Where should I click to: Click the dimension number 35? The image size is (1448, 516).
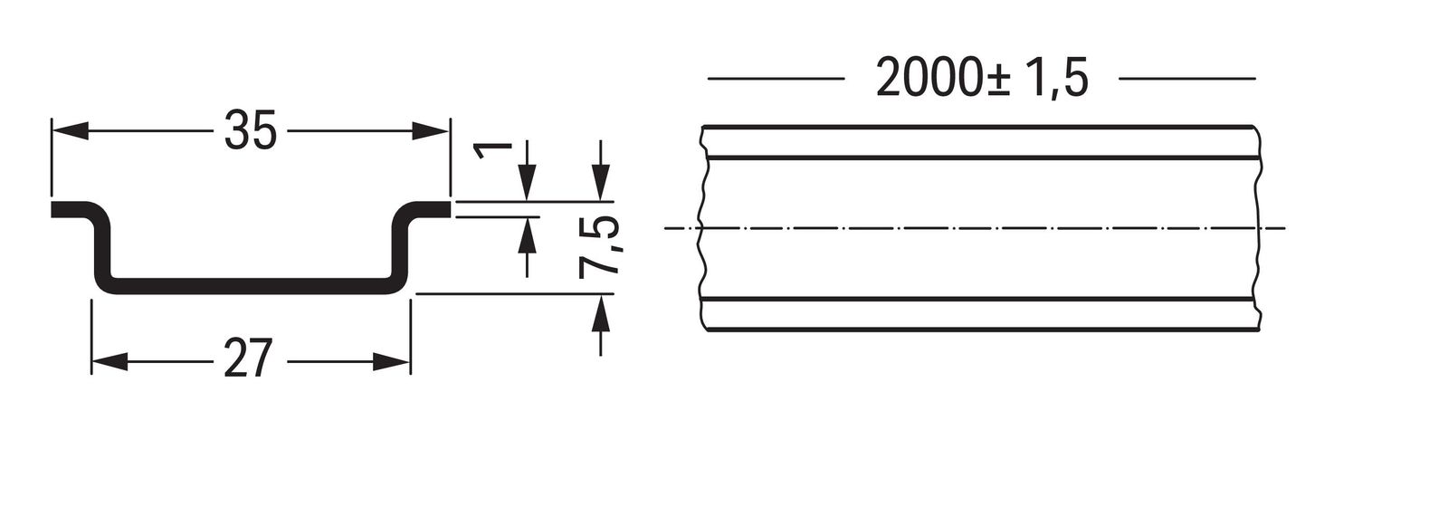coord(250,130)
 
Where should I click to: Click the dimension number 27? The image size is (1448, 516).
coord(246,358)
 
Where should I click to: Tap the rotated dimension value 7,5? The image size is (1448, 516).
coord(599,247)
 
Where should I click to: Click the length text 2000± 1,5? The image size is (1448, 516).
coord(982,78)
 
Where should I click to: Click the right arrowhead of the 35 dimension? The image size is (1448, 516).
coord(431,130)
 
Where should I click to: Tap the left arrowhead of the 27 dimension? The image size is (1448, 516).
coord(110,362)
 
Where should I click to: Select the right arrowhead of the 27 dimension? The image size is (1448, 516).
coord(392,362)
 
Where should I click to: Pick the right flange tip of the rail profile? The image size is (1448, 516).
coord(449,209)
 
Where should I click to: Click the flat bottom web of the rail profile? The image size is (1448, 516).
coord(251,286)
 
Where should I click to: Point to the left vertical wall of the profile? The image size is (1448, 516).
coord(103,249)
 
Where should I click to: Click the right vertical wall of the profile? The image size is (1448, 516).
coord(399,249)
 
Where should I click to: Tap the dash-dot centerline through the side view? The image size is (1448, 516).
coord(974,228)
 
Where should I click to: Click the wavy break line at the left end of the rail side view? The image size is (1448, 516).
coord(702,227)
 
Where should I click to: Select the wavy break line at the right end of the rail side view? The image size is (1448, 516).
coord(1257,227)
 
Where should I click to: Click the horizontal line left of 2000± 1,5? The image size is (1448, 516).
coord(776,79)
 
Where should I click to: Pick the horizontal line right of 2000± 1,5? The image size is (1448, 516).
coord(1187,79)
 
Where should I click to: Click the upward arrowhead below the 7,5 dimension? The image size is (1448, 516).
coord(601,311)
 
